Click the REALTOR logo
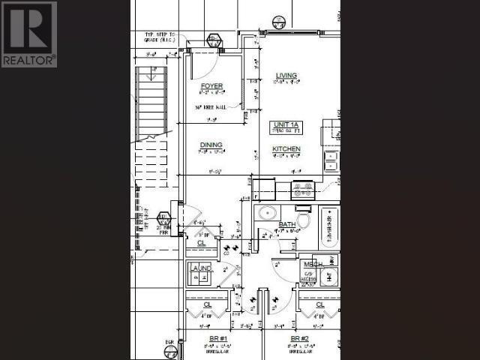28,34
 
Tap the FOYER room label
212,86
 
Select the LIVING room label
286,76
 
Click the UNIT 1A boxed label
286,124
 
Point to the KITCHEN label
286,149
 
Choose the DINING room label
211,145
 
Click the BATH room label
287,224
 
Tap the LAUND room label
201,268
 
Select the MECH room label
312,265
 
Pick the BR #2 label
300,339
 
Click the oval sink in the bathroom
267,213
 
